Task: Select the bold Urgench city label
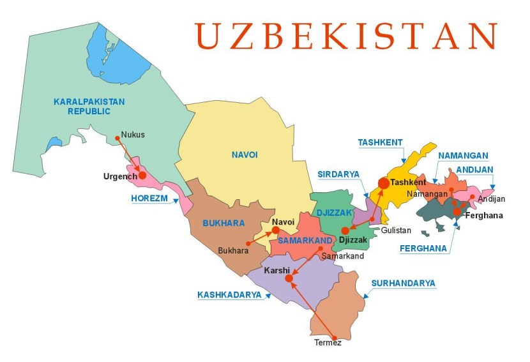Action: tap(120, 176)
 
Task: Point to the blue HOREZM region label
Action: tap(149, 199)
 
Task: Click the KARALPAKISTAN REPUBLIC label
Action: tap(89, 106)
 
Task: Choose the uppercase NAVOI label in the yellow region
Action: tap(245, 154)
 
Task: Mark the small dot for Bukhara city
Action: tap(246, 244)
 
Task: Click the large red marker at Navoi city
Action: tap(275, 230)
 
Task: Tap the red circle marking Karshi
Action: tap(289, 278)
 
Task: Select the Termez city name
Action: tap(328, 343)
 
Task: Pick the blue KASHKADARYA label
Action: tap(229, 295)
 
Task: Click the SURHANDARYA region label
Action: tap(404, 283)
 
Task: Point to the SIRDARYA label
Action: tap(338, 174)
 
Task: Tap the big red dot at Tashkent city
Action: tap(383, 183)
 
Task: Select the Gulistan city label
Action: tap(396, 230)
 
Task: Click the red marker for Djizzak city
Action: tap(345, 230)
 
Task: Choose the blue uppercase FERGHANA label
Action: tap(423, 249)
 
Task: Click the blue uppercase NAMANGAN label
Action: tap(463, 155)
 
